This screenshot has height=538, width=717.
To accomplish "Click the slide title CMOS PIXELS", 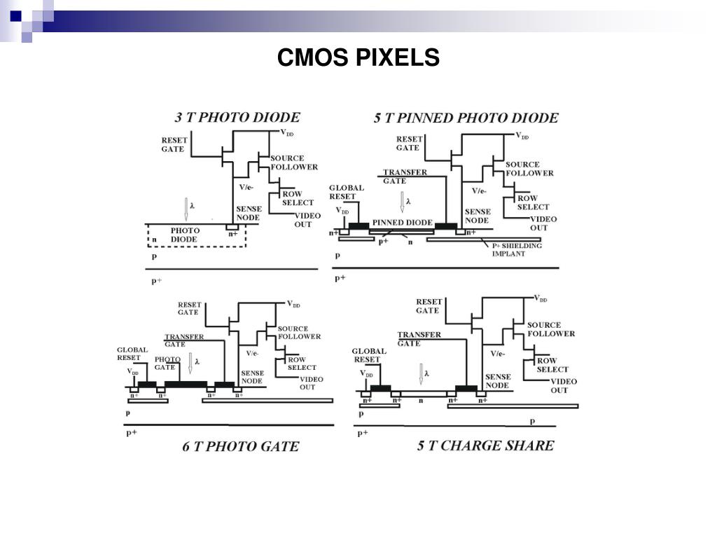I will pos(358,57).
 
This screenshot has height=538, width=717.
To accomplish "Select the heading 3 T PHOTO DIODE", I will pos(237,117).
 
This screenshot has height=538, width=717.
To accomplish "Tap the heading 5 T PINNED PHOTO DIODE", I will pos(466,118).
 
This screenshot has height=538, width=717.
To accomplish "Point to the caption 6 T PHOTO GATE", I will pos(240,446).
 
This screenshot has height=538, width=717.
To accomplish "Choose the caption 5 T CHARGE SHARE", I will pos(485,445).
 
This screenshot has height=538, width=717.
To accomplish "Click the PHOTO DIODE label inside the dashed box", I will pos(185,235).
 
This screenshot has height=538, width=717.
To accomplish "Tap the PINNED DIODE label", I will pos(402,223).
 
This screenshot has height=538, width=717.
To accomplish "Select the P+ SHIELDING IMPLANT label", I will pos(517,249).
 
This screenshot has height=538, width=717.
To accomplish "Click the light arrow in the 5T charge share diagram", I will pos(422,374).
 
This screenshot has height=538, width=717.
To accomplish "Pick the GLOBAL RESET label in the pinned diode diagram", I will pos(347,192).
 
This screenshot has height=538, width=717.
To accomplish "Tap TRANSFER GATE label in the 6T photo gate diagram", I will pos(184,340).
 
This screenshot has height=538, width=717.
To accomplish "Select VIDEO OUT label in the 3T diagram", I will pos(303,220).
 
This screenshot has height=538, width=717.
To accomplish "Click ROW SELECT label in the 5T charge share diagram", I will pos(552,365).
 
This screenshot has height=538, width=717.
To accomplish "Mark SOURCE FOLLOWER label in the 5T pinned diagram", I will pos(529,169).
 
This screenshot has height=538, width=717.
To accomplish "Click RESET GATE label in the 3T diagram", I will pos(174,144).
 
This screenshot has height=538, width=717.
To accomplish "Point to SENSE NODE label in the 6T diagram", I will pos(252,377).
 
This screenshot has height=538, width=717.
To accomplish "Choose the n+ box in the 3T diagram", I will pos(232,228).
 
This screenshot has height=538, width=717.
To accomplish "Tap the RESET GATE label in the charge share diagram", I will pos(428,305).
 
